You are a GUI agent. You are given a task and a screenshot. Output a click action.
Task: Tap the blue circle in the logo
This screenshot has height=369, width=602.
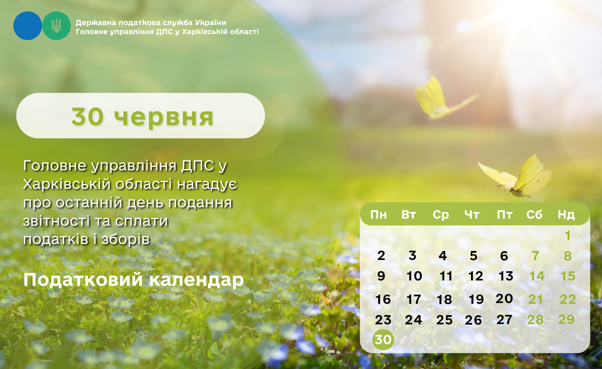27,26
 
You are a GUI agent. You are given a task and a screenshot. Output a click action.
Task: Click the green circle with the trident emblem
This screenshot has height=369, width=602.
56,26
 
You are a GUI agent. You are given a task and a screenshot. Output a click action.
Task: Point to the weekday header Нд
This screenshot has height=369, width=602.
566,215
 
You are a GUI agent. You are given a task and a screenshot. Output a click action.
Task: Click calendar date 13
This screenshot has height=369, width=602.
506,276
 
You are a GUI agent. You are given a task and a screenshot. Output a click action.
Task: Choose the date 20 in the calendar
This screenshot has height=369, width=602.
504,299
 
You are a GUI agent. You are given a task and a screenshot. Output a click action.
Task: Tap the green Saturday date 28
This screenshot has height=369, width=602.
535,320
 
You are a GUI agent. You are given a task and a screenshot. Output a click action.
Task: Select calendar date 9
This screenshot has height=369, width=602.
381,276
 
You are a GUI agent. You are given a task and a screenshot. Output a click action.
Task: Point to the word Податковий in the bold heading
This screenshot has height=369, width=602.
83,279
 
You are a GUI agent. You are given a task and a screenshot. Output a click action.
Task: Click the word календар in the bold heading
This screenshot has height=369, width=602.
196,280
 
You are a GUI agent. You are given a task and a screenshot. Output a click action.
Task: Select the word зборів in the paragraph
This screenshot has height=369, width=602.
126,239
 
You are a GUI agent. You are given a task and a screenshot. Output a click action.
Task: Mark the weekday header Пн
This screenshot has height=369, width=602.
378,215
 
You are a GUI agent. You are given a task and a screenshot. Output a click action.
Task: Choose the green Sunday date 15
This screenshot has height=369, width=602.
568,276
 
